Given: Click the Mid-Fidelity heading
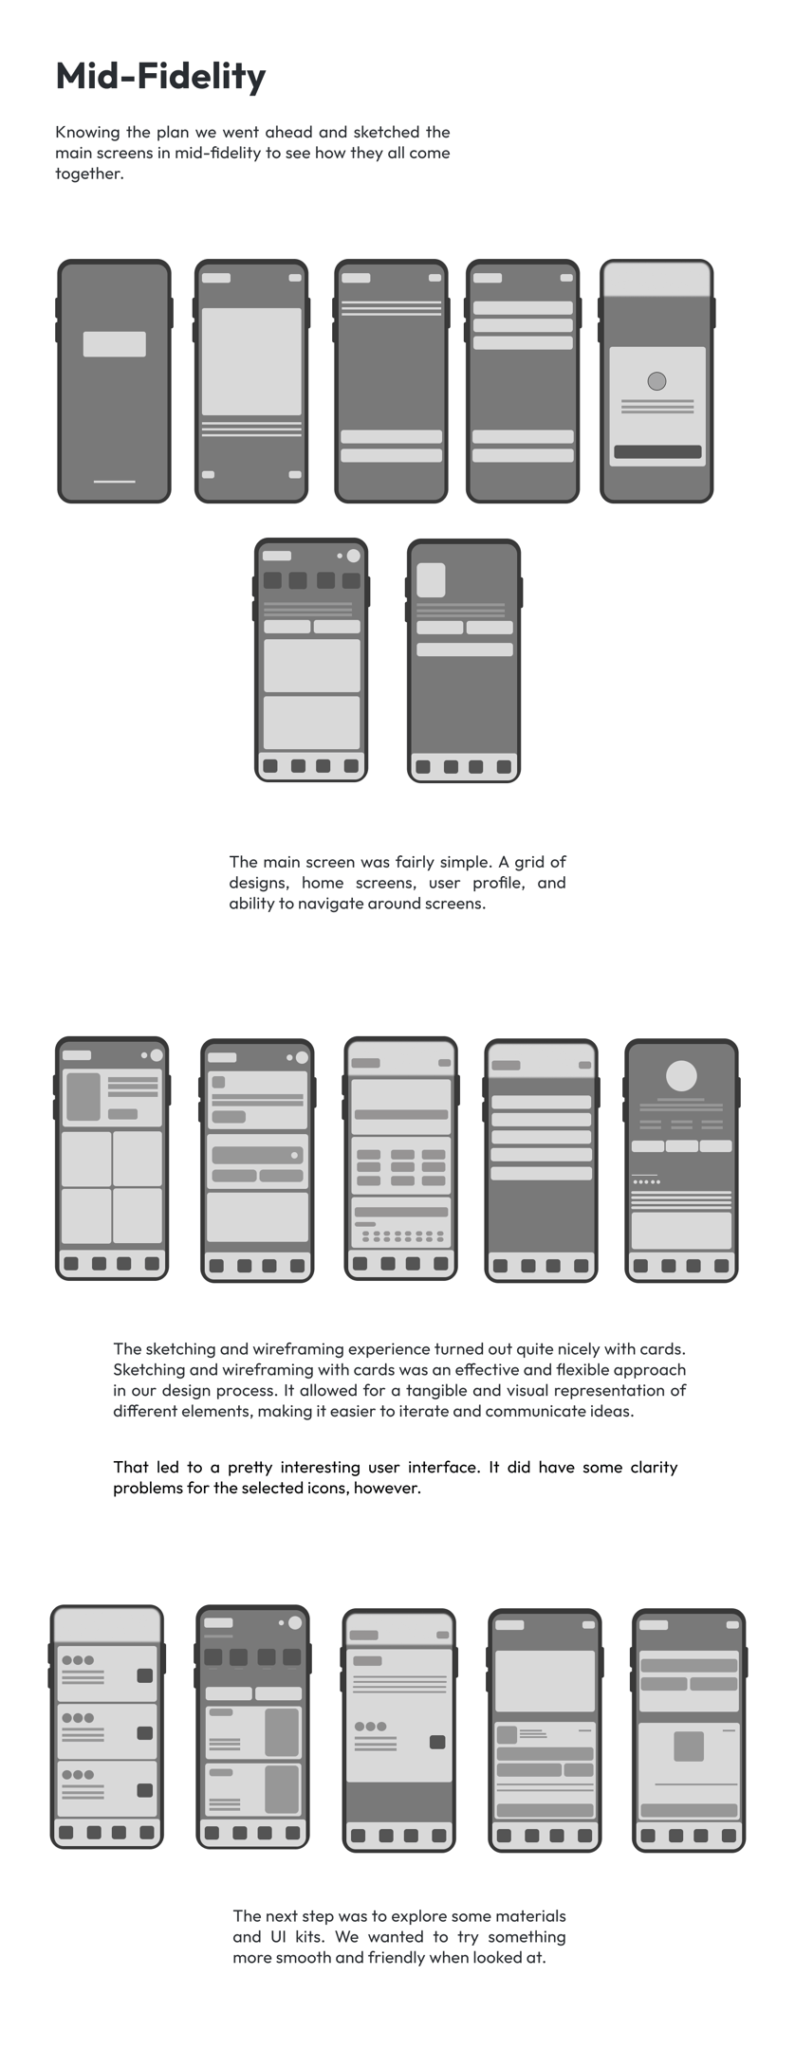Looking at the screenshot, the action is [x=160, y=76].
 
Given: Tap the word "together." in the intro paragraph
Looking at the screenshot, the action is [x=89, y=174].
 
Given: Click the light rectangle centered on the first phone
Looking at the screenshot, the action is [x=115, y=344].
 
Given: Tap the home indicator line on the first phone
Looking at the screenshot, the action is [x=114, y=482].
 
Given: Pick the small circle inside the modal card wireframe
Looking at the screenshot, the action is [x=656, y=381].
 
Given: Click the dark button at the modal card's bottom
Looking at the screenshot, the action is [x=657, y=452].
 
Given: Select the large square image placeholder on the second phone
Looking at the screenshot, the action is [x=251, y=361].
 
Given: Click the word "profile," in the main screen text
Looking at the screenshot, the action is [x=497, y=883].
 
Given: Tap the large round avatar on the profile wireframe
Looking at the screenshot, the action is [x=681, y=1076].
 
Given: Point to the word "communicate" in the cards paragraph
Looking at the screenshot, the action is [x=533, y=1411].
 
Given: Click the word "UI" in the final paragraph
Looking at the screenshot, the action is [x=272, y=1936].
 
